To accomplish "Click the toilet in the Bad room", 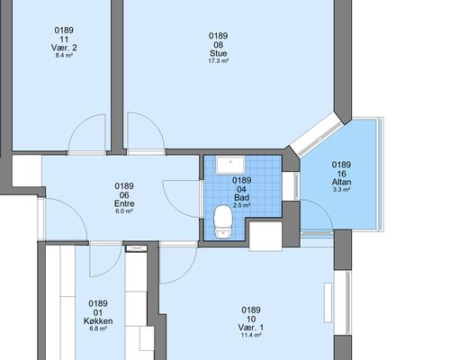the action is click(223, 221).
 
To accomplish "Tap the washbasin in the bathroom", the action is click(230, 165).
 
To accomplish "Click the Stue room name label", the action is click(218, 53).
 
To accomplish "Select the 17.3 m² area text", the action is click(218, 61).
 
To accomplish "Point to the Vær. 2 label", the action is click(64, 48).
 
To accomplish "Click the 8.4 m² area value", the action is click(64, 55).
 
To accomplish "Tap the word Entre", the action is click(124, 203).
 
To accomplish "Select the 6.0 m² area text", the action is click(124, 211).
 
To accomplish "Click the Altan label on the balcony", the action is click(341, 182).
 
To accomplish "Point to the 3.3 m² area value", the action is click(341, 190).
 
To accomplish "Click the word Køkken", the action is click(98, 321).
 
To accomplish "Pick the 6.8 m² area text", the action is click(98, 328).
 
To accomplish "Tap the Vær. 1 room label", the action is click(251, 328).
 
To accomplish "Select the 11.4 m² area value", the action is click(251, 335).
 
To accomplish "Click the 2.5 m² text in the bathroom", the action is click(241, 205).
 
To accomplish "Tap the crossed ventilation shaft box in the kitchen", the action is click(136, 248).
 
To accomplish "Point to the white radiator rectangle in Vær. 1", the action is click(328, 302).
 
